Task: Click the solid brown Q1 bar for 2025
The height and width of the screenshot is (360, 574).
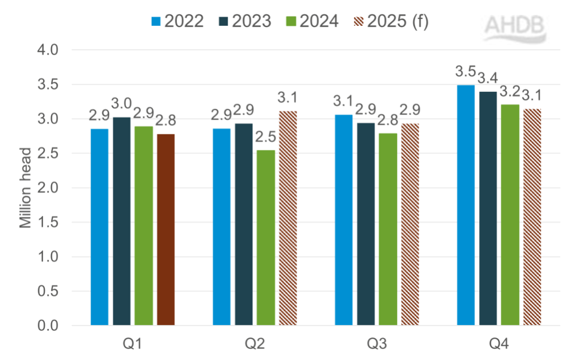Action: (165, 230)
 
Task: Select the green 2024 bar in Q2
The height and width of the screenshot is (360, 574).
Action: (265, 238)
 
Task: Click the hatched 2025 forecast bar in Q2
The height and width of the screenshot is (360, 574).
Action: (287, 218)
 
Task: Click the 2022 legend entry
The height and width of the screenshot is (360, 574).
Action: (177, 21)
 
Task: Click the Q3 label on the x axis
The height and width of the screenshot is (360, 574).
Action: (376, 344)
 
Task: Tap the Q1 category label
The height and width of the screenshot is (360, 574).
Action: (133, 344)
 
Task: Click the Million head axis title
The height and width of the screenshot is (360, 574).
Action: (25, 188)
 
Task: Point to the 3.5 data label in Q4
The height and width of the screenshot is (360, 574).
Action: (465, 72)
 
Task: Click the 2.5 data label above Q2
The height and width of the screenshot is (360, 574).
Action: (265, 138)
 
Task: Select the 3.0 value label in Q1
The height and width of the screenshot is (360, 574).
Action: (122, 104)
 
